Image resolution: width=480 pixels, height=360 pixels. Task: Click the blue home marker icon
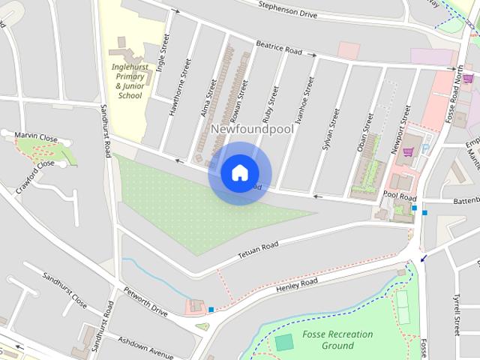coord(239,172)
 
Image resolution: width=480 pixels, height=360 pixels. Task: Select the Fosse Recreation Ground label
coord(328,340)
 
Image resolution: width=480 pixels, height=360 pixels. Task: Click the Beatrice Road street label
coord(278,48)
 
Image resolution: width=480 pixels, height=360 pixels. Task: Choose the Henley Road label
coord(297,284)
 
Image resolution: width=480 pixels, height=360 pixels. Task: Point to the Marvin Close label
coord(36,136)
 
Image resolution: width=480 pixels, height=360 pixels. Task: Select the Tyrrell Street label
coord(457,314)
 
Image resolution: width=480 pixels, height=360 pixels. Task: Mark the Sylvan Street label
coord(331,130)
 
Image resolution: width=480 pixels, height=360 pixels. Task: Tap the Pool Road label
coord(399,196)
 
